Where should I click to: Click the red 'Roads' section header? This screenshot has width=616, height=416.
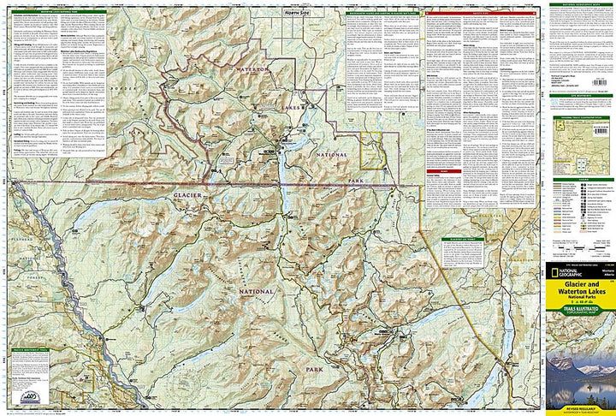(x=445, y=171)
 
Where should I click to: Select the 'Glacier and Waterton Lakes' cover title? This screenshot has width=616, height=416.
(x=579, y=296)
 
